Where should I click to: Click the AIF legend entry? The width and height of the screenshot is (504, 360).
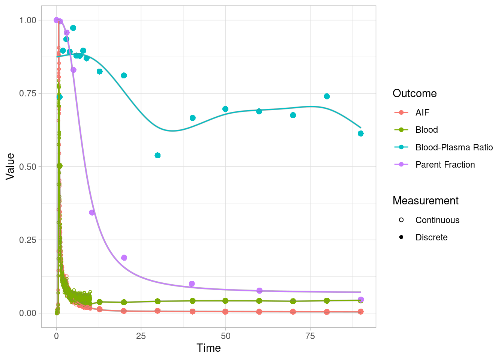(x=422, y=112)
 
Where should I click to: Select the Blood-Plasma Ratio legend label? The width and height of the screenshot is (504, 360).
(x=454, y=147)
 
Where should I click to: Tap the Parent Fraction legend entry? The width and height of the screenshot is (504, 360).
(x=445, y=165)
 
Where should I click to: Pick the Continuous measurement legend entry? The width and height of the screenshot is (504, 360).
(x=437, y=220)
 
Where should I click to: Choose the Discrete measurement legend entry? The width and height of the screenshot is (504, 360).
(x=431, y=237)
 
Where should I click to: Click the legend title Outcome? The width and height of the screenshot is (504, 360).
(x=414, y=93)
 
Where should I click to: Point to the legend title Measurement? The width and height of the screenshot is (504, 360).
(x=425, y=201)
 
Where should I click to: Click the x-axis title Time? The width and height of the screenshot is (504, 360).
(x=208, y=348)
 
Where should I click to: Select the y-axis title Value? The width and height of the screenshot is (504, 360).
(x=10, y=166)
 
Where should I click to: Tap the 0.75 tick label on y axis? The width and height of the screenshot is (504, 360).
(x=28, y=93)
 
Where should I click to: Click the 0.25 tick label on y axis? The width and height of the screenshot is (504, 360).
(x=28, y=240)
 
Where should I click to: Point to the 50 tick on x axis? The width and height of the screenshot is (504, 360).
(x=225, y=336)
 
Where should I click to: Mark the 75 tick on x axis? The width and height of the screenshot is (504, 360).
(x=310, y=336)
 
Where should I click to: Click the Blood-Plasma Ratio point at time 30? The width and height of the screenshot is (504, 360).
(x=157, y=155)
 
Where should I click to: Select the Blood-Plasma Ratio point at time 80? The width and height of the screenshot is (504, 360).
(x=327, y=96)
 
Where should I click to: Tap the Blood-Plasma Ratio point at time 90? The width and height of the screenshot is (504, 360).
(x=360, y=133)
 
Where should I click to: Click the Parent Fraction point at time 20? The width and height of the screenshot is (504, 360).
(x=124, y=258)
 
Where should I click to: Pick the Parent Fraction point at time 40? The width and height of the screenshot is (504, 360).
(x=192, y=284)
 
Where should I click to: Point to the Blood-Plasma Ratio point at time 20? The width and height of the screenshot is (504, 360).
(x=124, y=75)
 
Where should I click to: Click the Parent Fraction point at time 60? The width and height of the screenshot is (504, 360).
(x=259, y=291)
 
